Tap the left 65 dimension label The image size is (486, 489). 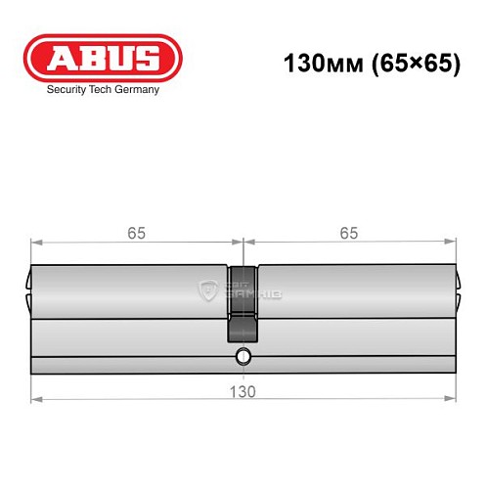click(x=138, y=233)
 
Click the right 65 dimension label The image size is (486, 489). click(x=349, y=233)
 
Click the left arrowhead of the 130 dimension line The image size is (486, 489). click(x=36, y=398)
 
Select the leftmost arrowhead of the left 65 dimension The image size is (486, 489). click(x=36, y=241)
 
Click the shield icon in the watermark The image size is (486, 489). click(x=208, y=289)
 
